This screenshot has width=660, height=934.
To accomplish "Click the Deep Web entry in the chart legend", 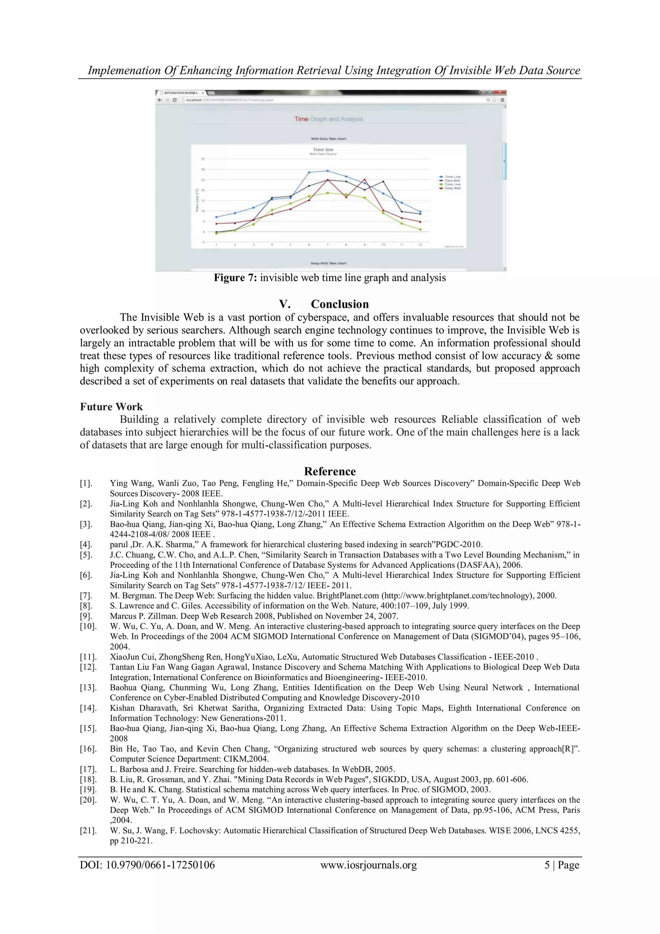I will click(452, 188).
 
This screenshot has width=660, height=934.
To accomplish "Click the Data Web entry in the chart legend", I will click(452, 181).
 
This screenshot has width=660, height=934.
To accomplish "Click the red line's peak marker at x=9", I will click(364, 179).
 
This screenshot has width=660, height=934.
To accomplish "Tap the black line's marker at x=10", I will click(383, 181).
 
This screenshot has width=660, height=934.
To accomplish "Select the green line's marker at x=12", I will click(420, 229).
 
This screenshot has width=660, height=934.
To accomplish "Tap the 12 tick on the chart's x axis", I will click(420, 245).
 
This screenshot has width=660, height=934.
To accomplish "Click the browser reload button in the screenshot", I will click(175, 100).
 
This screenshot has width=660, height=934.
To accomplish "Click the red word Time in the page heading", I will click(301, 119).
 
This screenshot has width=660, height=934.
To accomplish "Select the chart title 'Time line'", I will click(323, 150).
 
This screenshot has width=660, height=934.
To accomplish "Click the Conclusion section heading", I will click(340, 304).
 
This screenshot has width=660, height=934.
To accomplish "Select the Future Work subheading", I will click(111, 407).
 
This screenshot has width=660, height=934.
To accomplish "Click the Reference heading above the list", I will click(330, 471).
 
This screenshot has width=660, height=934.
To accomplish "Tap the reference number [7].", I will click(86, 596).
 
